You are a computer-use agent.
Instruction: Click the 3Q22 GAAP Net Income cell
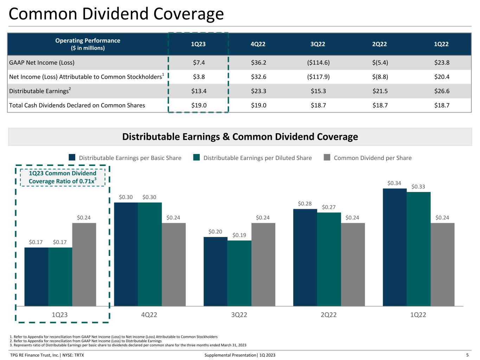pyautogui.click(x=318, y=63)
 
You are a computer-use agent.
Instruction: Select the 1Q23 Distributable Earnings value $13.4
pyautogui.click(x=199, y=91)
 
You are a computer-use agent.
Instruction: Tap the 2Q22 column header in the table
pyautogui.click(x=379, y=44)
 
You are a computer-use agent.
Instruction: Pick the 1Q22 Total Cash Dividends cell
pyautogui.click(x=442, y=105)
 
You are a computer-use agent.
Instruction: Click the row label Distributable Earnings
pyautogui.click(x=40, y=91)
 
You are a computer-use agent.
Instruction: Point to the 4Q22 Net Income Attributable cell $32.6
pyautogui.click(x=258, y=77)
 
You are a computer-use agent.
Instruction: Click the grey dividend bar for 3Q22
pyautogui.click(x=263, y=264)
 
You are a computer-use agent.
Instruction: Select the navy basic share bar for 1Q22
pyautogui.click(x=395, y=247)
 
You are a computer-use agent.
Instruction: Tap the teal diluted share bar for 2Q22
pyautogui.click(x=329, y=259)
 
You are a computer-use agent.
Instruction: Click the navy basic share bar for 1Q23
pyautogui.click(x=36, y=277)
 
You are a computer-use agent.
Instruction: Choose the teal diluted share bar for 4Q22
pyautogui.click(x=150, y=254)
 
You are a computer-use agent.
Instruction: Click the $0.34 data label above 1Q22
pyautogui.click(x=394, y=183)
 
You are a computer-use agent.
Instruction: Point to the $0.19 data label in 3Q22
pyautogui.click(x=239, y=235)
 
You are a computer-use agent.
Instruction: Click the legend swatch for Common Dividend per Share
pyautogui.click(x=327, y=157)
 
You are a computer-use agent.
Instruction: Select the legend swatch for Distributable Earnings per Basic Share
pyautogui.click(x=72, y=157)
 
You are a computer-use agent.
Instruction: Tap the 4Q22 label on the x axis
pyautogui.click(x=149, y=315)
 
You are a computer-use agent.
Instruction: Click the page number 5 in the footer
pyautogui.click(x=467, y=355)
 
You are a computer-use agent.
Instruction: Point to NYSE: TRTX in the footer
pyautogui.click(x=73, y=355)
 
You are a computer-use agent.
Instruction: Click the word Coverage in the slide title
pyautogui.click(x=188, y=14)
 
